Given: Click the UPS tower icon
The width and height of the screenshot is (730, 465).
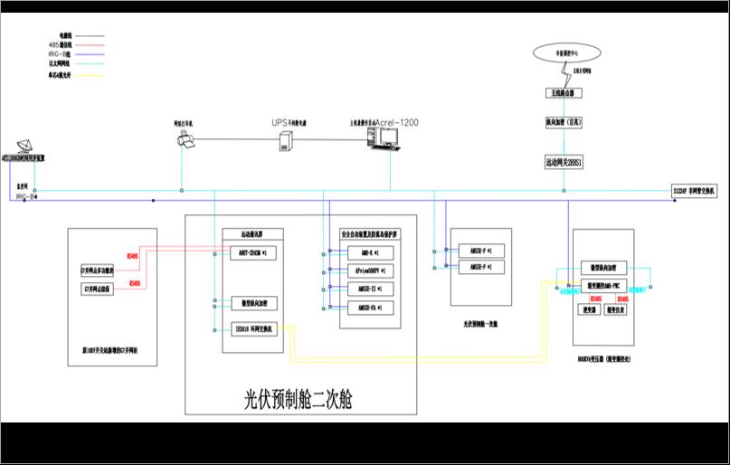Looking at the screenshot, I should tap(287, 141).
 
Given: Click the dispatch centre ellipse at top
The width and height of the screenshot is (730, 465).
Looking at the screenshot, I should tap(565, 55).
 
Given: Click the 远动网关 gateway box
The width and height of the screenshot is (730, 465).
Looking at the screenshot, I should tap(564, 163).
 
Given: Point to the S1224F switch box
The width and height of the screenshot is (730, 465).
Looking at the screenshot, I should tap(693, 191).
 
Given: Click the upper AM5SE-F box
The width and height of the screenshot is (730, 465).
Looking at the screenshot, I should tap(481, 250).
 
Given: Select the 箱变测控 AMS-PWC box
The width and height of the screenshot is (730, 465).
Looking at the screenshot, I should tap(604, 287).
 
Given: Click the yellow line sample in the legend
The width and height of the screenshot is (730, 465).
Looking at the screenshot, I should tap(91, 75).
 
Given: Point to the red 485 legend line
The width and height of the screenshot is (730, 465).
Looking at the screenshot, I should tap(91, 44).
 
